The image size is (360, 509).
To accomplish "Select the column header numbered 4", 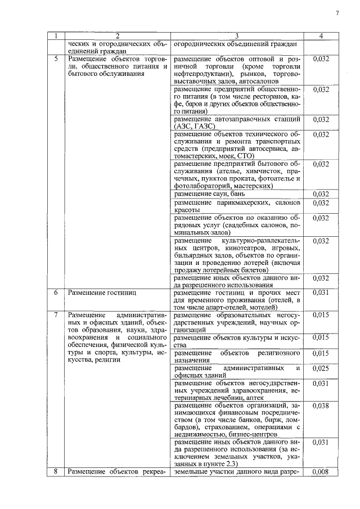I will click(320, 36).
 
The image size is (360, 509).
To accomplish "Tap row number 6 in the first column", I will click(56, 293).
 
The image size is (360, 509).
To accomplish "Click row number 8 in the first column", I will click(56, 471).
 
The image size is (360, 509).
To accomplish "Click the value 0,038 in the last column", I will click(320, 405).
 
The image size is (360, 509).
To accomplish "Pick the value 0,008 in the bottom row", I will click(320, 471).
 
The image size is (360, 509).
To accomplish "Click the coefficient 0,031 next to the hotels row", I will click(320, 293).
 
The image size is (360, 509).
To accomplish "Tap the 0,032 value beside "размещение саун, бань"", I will click(320, 194).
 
